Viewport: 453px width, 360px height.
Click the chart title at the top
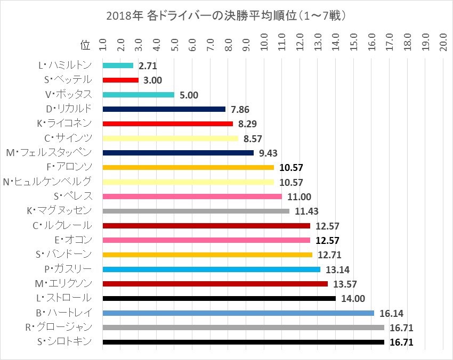226,15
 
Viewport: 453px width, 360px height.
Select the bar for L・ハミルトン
118,66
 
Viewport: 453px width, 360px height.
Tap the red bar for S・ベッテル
120,80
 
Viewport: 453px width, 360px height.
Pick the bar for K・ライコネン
168,124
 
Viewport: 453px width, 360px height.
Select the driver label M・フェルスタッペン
52,153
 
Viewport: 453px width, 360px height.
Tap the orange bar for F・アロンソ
188,167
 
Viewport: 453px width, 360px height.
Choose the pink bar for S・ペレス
192,197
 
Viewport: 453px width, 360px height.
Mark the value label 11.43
306,211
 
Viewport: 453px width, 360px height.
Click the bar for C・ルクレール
206,225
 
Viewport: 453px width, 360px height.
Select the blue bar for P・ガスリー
211,269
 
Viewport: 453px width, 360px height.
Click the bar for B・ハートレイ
238,313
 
